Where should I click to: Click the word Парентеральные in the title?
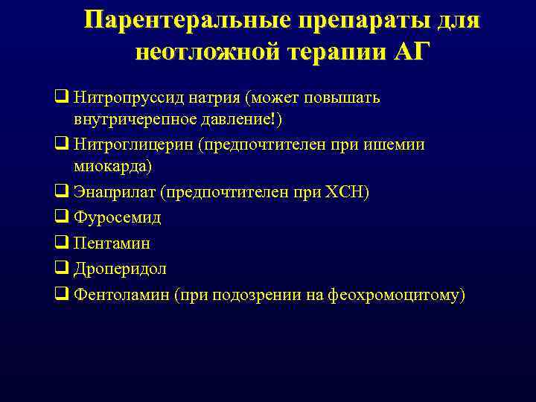coord(189,20)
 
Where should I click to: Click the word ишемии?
coord(398,144)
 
